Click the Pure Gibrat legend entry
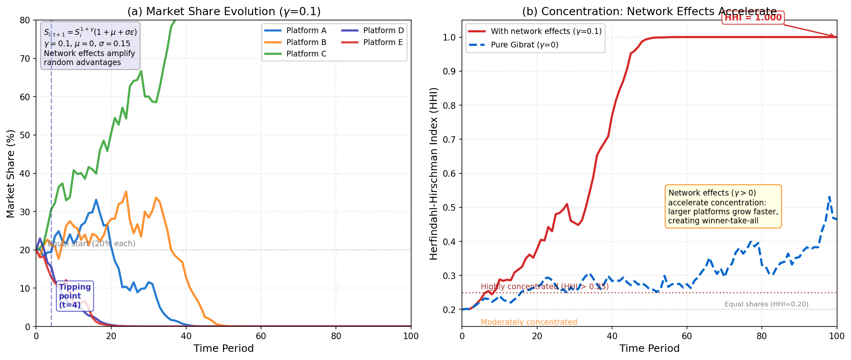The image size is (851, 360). (524, 45)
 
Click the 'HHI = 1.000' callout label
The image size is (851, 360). (753, 18)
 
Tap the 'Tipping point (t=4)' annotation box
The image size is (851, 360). (75, 296)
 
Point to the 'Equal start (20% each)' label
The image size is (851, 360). (92, 244)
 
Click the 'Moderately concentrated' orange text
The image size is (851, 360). (529, 322)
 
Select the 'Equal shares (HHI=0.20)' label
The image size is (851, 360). (766, 304)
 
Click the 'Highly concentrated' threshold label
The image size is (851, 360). (545, 287)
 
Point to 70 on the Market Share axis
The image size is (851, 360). (25, 59)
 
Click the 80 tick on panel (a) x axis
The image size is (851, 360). (336, 336)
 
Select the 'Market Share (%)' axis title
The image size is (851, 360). (11, 173)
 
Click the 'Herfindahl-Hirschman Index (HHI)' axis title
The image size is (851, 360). (434, 173)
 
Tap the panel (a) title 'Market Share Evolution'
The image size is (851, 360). (223, 11)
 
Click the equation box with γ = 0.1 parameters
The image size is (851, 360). (90, 45)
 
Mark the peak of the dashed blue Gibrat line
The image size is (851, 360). (829, 197)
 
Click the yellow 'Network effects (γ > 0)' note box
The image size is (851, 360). (723, 207)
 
